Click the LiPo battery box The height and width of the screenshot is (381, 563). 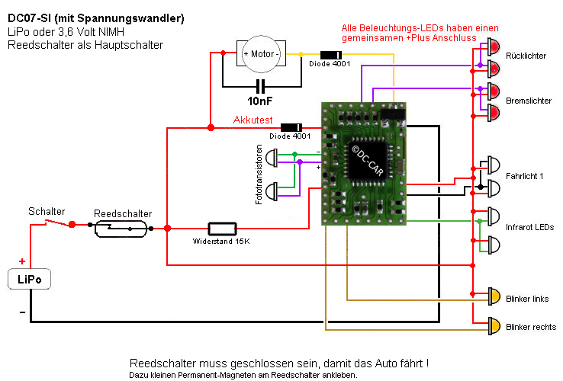[x=30, y=280]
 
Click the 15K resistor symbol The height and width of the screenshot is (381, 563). [x=222, y=228]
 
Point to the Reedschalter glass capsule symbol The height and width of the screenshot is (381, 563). [x=122, y=227]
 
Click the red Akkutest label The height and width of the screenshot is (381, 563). [x=253, y=120]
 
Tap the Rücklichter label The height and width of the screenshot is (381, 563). [x=526, y=56]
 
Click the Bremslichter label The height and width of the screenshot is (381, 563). [x=528, y=100]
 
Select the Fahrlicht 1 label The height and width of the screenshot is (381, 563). [x=524, y=177]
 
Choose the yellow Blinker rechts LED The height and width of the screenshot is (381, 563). [x=494, y=326]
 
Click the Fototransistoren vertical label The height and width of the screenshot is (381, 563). [x=259, y=173]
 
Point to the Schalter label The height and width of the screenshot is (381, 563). [x=47, y=211]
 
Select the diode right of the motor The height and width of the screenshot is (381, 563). [x=330, y=54]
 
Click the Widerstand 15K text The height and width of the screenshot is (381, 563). [x=221, y=241]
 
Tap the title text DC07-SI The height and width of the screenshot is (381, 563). [x=34, y=18]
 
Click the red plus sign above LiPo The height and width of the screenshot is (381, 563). [x=21, y=261]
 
